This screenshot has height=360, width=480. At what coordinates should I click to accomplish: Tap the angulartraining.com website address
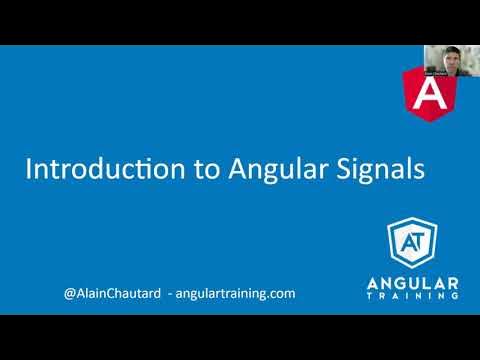click(x=235, y=295)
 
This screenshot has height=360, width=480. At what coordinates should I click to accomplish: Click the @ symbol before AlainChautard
click(x=68, y=295)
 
